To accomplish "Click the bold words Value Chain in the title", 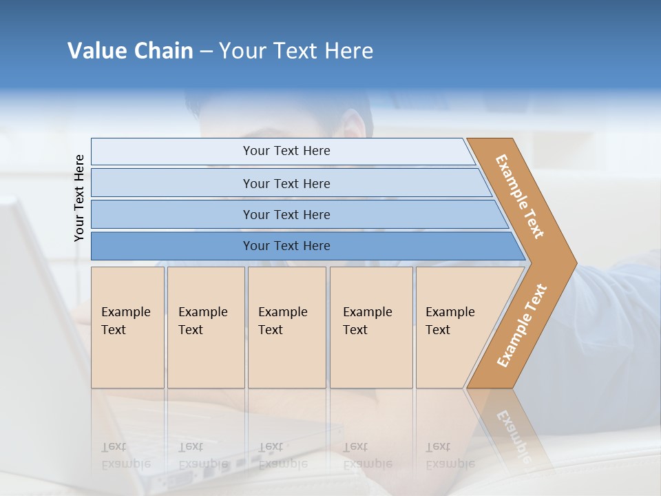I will tap(130, 51).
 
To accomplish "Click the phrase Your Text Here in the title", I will tap(296, 51).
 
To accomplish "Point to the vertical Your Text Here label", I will tap(79, 198).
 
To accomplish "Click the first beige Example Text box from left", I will tap(127, 327).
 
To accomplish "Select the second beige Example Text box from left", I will tap(206, 327).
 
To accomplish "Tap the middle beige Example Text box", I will tap(286, 327).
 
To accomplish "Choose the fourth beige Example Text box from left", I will tap(371, 327).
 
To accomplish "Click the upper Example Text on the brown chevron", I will tap(520, 196).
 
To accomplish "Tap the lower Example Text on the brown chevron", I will tap(522, 326).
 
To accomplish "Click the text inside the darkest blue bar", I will tap(286, 246).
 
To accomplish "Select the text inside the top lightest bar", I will tap(286, 151).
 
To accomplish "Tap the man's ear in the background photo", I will tap(355, 127).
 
